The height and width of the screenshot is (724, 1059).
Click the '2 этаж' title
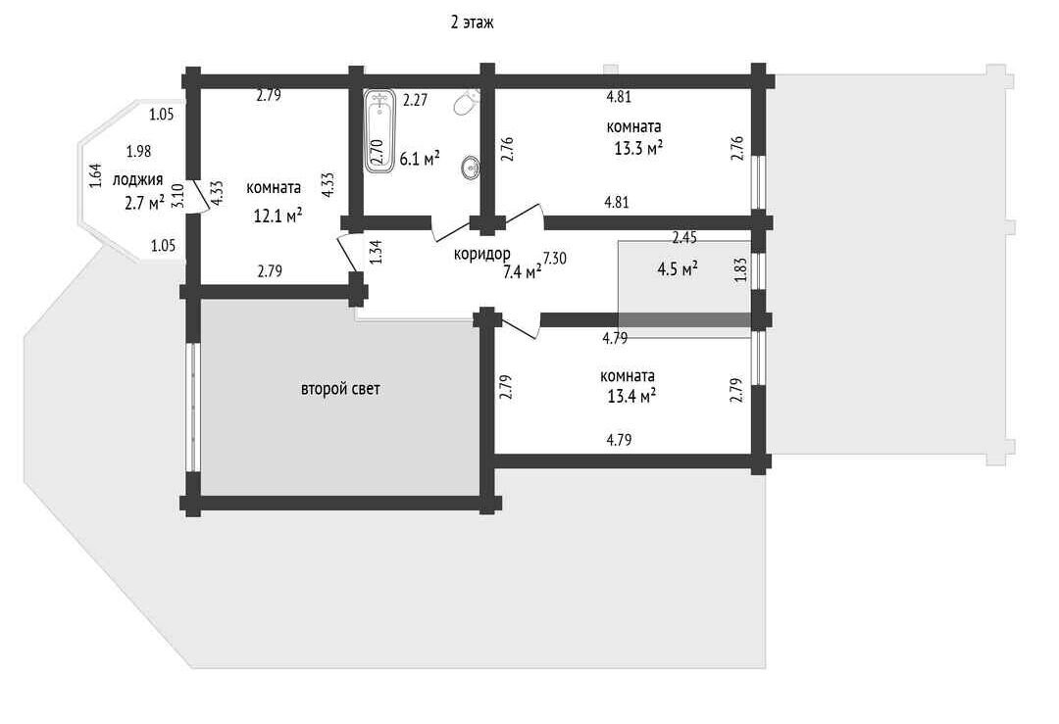472,23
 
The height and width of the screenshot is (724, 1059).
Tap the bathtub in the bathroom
379,131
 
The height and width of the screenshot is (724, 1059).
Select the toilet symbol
468,103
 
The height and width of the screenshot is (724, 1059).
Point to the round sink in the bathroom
470,168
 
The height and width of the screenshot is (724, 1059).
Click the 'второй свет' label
340,389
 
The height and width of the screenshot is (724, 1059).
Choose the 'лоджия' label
138,180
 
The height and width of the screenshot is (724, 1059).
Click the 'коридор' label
482,255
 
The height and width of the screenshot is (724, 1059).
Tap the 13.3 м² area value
638,149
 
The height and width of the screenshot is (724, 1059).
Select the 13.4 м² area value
631,397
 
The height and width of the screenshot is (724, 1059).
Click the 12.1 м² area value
277,216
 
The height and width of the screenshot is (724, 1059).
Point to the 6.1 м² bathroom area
420,160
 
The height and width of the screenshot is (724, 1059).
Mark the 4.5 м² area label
678,269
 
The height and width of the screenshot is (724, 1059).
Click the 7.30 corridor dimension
554,258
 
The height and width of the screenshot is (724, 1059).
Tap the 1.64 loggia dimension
95,176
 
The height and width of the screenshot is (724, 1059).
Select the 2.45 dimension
684,237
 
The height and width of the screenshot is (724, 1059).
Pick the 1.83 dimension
741,269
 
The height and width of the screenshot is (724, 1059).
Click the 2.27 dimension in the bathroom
416,101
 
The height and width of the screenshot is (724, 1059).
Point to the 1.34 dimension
377,252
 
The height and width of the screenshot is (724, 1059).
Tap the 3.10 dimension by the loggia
177,196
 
